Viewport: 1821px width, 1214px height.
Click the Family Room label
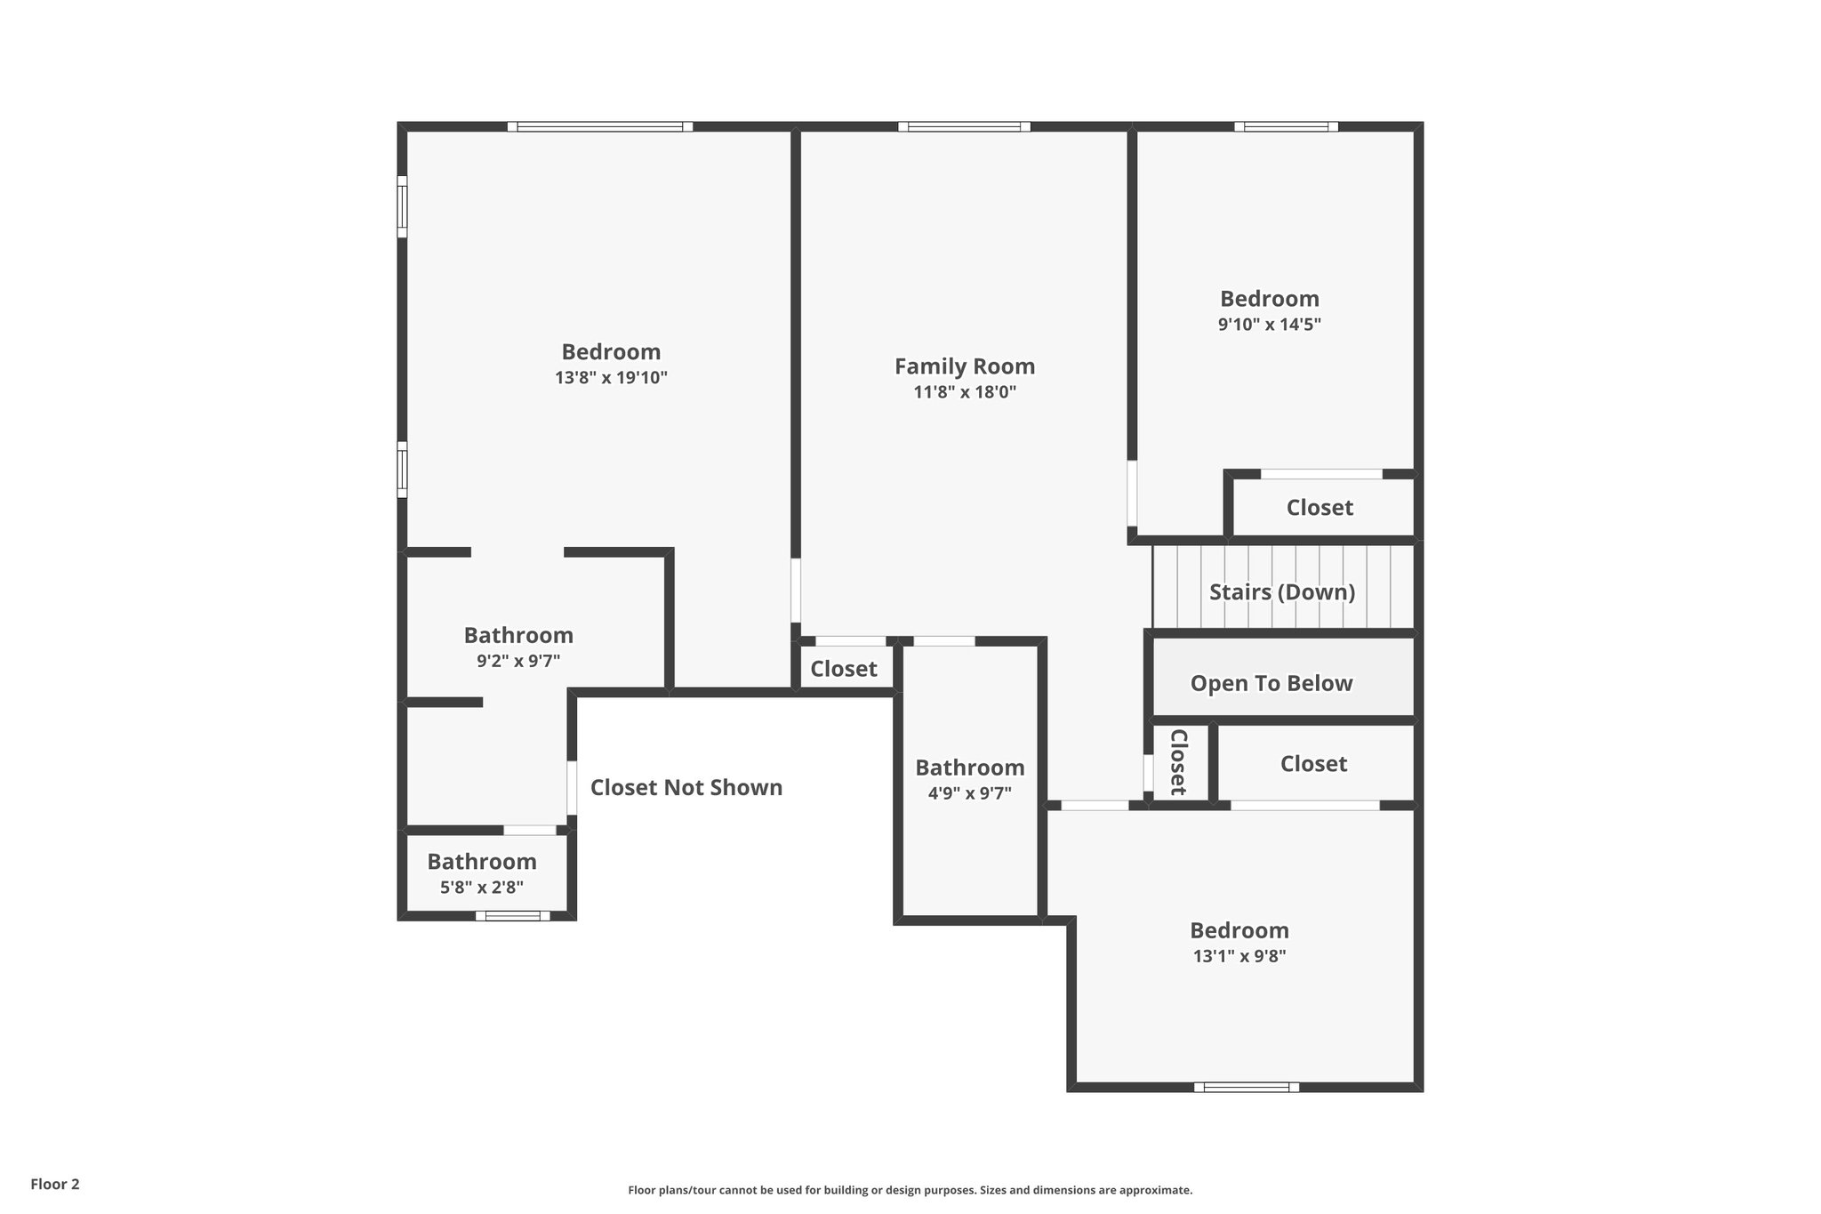(964, 366)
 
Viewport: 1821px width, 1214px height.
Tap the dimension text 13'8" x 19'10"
(611, 378)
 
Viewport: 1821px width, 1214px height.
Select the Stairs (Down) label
(1281, 592)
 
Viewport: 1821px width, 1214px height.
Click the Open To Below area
(1271, 683)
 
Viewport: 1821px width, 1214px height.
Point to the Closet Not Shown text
(686, 788)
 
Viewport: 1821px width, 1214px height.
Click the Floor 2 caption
(55, 1184)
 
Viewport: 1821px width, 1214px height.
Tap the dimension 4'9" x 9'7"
(969, 793)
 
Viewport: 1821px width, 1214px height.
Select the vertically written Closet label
(1178, 762)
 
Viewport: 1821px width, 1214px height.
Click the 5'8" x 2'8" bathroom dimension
(481, 888)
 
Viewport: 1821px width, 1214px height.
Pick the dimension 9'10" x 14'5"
(1269, 325)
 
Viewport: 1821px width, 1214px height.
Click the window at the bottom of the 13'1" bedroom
(1246, 1087)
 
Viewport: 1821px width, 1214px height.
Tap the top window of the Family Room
(964, 126)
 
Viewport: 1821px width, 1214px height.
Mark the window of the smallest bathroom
(512, 916)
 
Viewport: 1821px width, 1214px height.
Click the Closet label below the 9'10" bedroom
(1320, 508)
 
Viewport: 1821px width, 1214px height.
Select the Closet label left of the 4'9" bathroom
(843, 669)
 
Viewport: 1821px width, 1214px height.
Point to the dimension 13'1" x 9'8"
(1239, 957)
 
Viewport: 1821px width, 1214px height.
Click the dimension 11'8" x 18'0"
(964, 392)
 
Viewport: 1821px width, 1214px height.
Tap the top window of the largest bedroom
(600, 126)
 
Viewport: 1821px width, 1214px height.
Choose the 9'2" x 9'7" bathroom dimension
(517, 662)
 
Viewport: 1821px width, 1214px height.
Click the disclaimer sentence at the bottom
(910, 1190)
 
